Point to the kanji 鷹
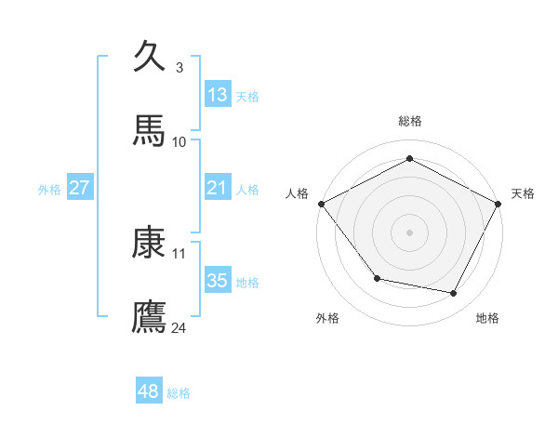point(149,316)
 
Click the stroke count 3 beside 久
point(179,67)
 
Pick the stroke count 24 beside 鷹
point(179,327)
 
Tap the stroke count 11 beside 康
point(179,253)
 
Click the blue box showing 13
point(218,94)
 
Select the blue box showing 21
point(218,188)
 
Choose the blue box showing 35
point(218,281)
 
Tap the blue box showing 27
point(80,188)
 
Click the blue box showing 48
point(149,391)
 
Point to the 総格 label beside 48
point(179,393)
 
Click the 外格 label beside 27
point(49,190)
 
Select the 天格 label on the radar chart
point(523,193)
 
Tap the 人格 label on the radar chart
point(297,193)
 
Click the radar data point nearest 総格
point(409,159)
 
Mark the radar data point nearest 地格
point(454,294)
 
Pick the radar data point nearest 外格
point(377,278)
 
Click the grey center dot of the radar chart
point(409,232)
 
